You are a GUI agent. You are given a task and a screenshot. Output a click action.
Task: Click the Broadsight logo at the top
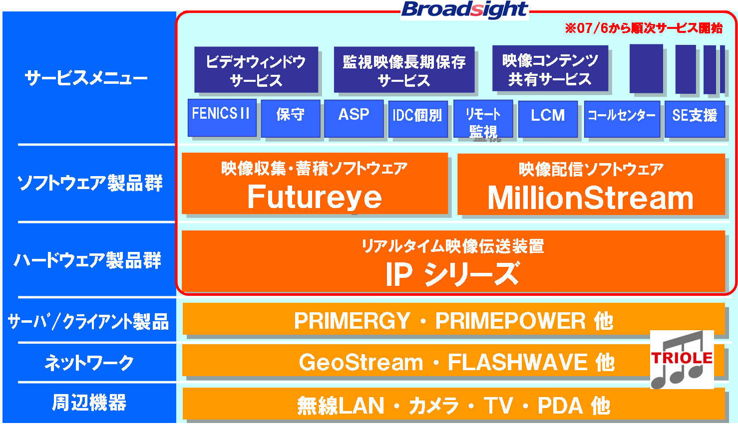point(464,10)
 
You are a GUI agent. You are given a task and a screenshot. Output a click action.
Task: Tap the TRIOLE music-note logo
point(682,360)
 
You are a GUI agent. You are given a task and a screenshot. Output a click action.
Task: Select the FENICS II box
point(222,118)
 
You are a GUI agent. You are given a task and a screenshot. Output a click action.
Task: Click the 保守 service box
point(291,119)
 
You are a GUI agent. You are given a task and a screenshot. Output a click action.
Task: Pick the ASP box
point(354,119)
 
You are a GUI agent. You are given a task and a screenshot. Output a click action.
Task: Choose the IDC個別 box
point(418,119)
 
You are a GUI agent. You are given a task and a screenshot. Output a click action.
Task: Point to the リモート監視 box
point(483,119)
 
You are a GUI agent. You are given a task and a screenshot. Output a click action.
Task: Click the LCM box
point(548,119)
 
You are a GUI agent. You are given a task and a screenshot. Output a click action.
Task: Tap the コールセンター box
point(622,119)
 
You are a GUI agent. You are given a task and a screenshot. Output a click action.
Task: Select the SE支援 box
point(695,119)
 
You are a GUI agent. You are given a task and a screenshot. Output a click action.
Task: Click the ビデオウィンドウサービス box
point(256,69)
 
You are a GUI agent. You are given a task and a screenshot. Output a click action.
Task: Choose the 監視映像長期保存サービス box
point(404,69)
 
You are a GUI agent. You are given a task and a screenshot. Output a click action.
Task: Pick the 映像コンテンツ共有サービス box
point(550,68)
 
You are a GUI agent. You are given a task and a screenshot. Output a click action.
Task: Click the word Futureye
point(315,197)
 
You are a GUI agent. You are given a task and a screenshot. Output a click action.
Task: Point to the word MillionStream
point(591,198)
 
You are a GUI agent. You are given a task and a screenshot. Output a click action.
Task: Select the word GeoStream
point(361,362)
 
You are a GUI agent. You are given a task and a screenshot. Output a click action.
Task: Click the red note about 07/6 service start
point(644,28)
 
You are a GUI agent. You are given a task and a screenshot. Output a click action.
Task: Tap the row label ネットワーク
point(89,363)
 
